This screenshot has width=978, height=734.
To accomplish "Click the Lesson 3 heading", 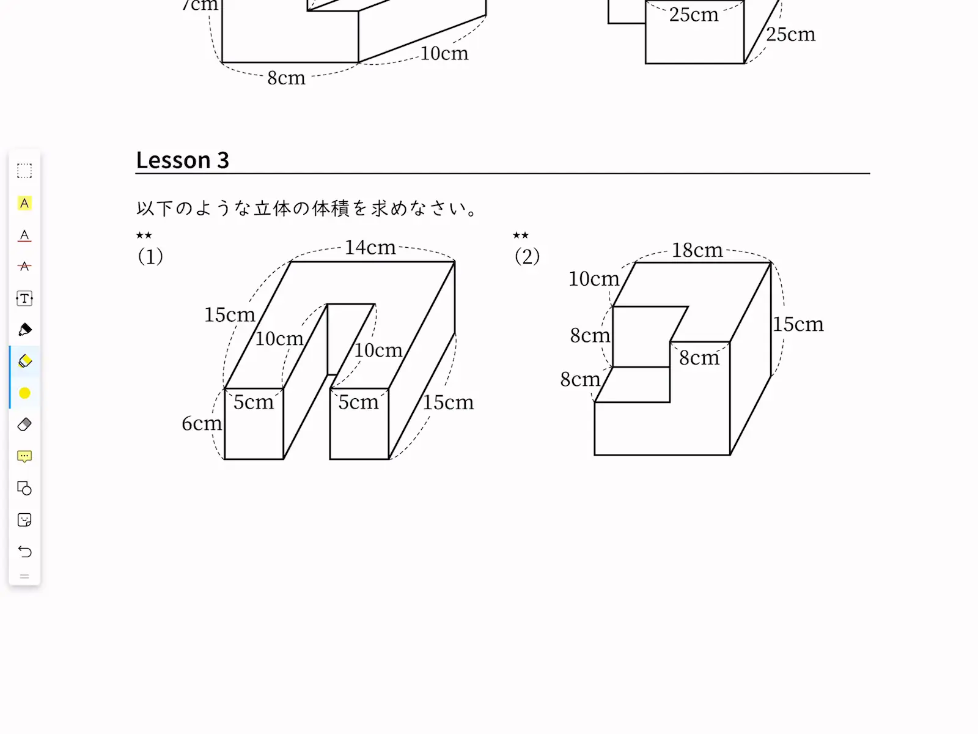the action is [x=182, y=160].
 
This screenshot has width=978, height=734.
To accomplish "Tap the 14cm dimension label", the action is [x=370, y=247].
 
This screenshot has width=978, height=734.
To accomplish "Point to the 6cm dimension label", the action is [x=201, y=423].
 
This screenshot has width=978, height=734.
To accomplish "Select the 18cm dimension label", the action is [x=697, y=250].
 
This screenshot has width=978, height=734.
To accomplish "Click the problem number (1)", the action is [x=150, y=256].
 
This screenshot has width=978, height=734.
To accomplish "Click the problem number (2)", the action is [x=527, y=256].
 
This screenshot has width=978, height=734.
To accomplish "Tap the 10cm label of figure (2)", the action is [x=594, y=279].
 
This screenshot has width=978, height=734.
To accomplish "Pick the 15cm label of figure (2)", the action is [x=798, y=324].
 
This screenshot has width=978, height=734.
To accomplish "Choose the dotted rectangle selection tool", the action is [x=24, y=171].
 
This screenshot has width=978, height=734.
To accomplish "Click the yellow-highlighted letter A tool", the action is [x=24, y=203].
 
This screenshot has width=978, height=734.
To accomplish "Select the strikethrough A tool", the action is [x=24, y=266].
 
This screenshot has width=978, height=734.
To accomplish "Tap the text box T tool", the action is [x=24, y=298].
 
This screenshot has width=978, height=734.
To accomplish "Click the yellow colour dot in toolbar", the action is [x=24, y=393].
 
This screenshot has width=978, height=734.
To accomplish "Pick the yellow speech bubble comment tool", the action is [x=24, y=456].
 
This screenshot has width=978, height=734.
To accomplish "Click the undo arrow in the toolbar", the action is [x=24, y=552].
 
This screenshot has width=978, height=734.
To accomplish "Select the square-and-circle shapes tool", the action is [x=24, y=489].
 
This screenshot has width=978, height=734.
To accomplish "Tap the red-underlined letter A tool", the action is [x=24, y=235].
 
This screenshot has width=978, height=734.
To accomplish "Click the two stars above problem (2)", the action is [x=520, y=235].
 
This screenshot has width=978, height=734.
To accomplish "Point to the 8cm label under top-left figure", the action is [x=286, y=78].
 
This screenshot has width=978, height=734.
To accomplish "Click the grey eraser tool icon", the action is [x=24, y=424].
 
